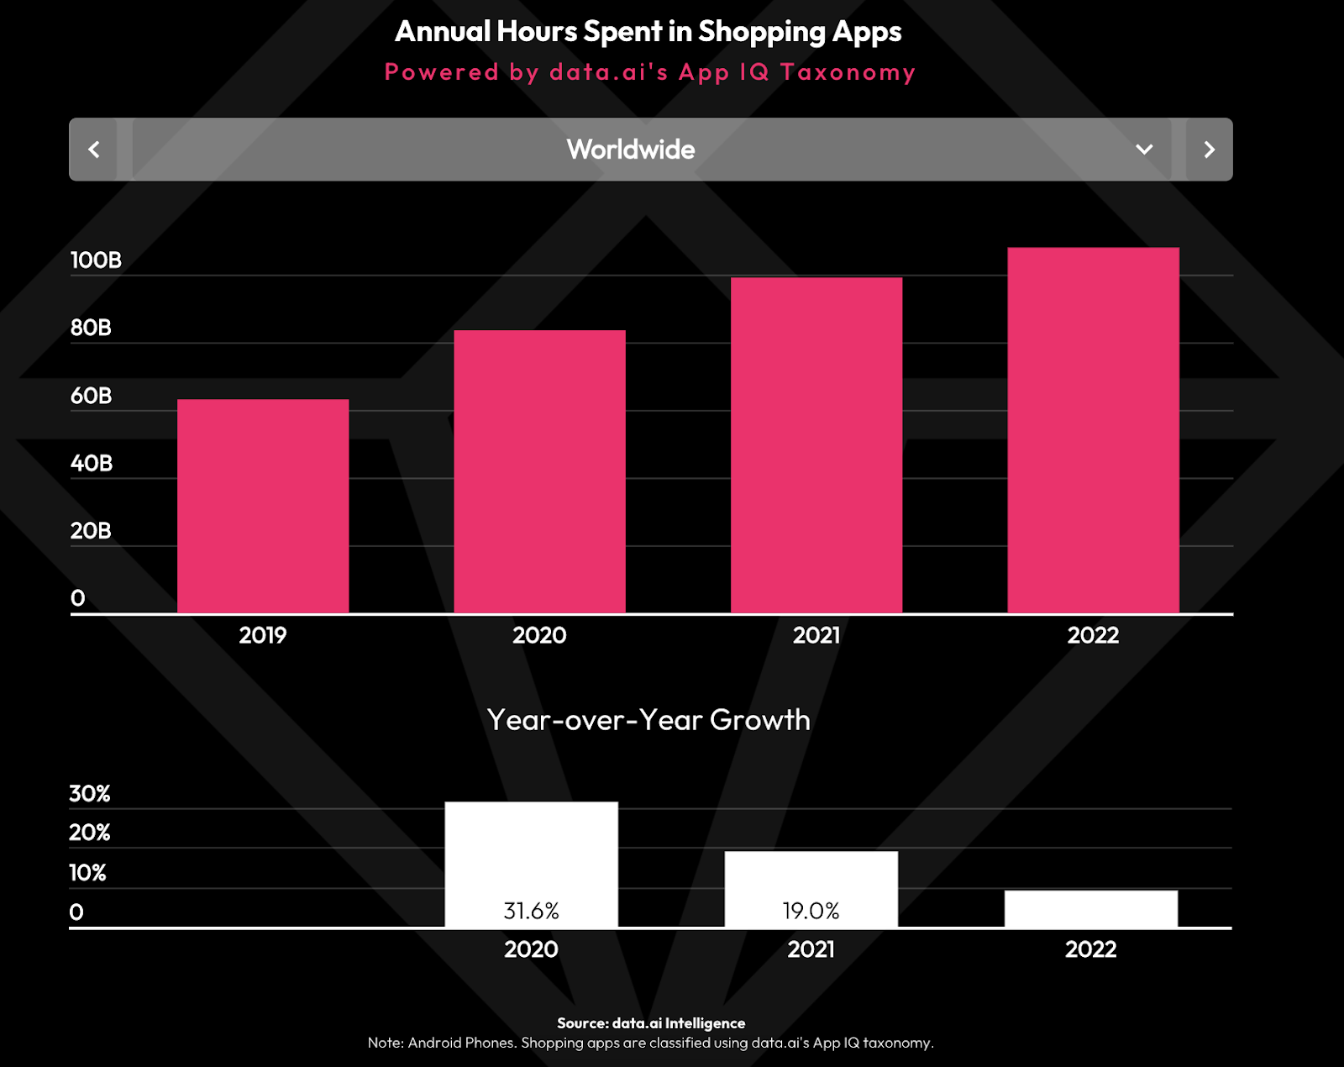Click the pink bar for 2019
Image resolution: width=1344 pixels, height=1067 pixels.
(263, 506)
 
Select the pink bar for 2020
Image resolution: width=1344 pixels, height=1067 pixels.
(539, 471)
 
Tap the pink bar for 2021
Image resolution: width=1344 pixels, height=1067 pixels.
(816, 445)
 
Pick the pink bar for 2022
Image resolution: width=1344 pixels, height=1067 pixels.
(1093, 430)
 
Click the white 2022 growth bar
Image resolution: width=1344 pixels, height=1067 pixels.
(1090, 909)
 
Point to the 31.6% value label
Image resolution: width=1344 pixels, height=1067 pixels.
(531, 911)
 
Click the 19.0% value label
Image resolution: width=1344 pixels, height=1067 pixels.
(811, 911)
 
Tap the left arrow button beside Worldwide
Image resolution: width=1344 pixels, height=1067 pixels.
(94, 150)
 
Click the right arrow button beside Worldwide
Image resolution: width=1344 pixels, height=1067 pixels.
(1209, 150)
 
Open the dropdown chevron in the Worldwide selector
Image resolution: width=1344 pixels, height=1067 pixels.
(1144, 150)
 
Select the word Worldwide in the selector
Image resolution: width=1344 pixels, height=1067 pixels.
(631, 150)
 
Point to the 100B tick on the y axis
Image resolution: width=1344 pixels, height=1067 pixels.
(96, 260)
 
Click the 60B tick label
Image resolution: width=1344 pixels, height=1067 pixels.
(91, 396)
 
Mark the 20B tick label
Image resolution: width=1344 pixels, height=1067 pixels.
(91, 531)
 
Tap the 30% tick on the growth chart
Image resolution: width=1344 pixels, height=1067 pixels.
(90, 794)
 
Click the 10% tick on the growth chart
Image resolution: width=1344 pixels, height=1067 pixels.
(87, 873)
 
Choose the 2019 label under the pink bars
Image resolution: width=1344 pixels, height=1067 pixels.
(263, 635)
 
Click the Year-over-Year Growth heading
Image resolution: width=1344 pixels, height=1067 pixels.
(648, 720)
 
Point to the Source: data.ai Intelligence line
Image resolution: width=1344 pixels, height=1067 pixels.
(651, 1023)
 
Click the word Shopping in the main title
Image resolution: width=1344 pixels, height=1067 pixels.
(762, 32)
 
